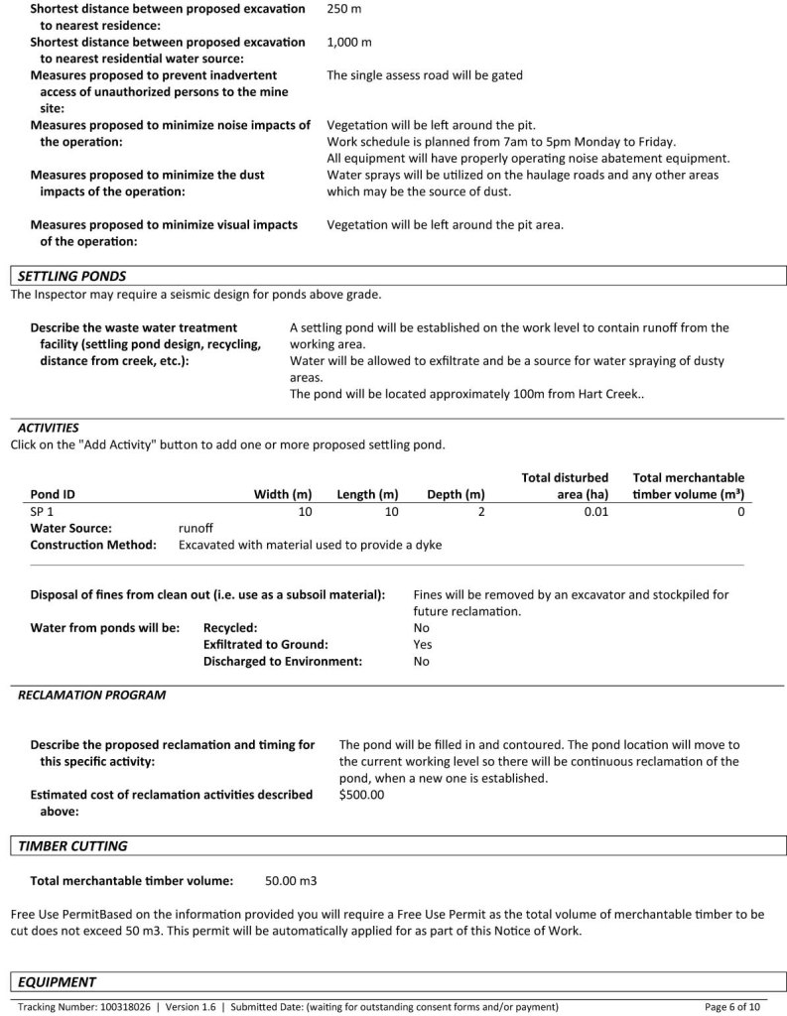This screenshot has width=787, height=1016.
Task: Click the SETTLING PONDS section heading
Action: [72, 276]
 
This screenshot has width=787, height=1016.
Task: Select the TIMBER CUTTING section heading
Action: [73, 846]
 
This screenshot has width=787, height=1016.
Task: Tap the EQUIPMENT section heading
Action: [58, 982]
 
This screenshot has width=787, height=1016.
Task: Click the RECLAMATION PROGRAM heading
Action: [91, 696]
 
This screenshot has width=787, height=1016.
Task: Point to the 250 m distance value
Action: [343, 9]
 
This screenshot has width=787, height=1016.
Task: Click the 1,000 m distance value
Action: [348, 43]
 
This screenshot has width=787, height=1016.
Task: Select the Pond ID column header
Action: [53, 494]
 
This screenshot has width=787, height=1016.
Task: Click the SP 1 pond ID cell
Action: [44, 511]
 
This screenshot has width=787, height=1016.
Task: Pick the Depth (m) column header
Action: [456, 494]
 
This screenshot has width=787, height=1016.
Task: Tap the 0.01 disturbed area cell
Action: [596, 511]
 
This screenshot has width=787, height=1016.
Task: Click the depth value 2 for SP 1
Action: [481, 511]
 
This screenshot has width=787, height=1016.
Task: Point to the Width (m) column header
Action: [283, 494]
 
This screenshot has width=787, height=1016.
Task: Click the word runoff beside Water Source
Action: [196, 529]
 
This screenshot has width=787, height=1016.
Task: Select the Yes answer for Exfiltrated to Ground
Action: [423, 645]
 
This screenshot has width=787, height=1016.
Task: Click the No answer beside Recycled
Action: [421, 628]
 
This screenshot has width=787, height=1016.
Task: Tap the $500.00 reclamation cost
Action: [361, 795]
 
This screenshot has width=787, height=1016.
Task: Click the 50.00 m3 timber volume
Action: [291, 880]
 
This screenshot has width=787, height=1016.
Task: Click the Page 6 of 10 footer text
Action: [732, 1006]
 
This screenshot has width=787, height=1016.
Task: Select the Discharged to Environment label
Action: [283, 662]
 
